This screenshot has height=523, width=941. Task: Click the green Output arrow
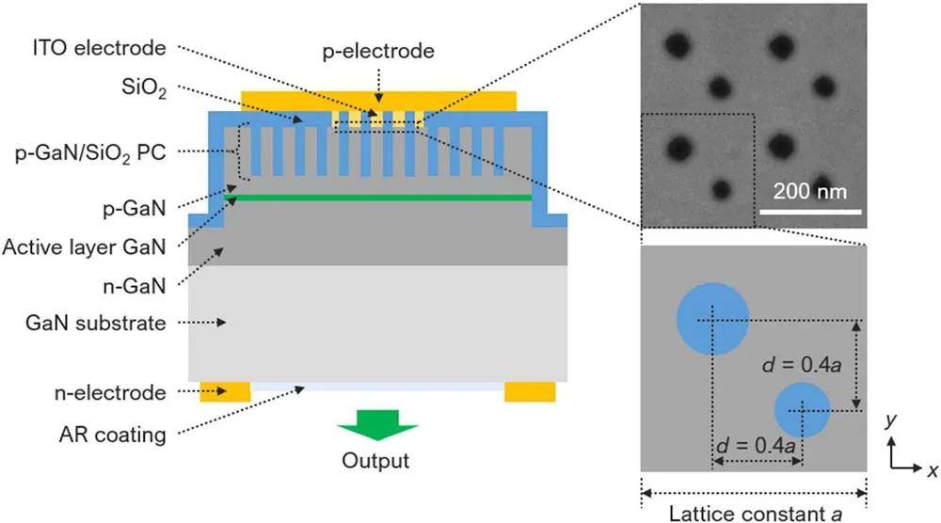click(x=369, y=425)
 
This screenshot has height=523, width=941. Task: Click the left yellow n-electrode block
click(x=226, y=391)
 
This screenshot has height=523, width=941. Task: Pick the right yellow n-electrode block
click(x=530, y=391)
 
